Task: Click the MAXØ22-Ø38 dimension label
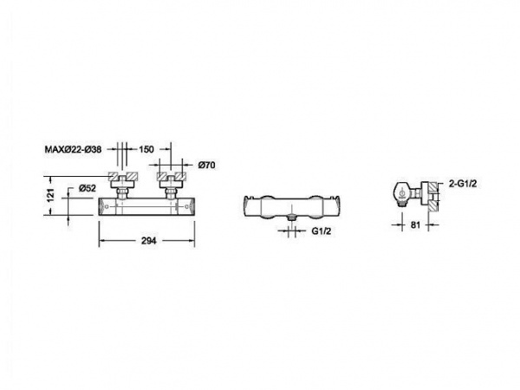click(x=73, y=149)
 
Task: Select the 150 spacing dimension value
click(x=146, y=150)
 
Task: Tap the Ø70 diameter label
click(x=206, y=165)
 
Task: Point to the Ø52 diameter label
click(x=88, y=188)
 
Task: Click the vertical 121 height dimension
click(x=50, y=195)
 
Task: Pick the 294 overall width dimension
click(x=149, y=241)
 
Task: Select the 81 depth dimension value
click(x=415, y=224)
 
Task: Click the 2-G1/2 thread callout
click(x=463, y=184)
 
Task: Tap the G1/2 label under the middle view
click(x=321, y=231)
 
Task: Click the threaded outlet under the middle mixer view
click(x=292, y=218)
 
